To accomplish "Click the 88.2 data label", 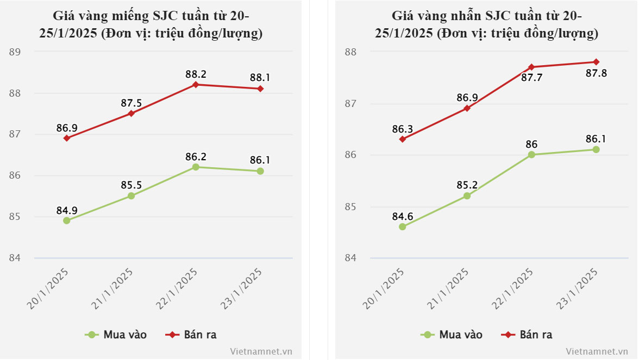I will coord(196,74).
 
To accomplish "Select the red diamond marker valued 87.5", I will coord(131,113).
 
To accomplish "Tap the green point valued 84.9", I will coord(67,220).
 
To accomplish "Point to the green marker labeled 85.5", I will coord(131,196).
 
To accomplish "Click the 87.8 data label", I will coord(596,73).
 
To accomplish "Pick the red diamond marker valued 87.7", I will coord(531,67).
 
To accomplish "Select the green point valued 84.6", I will coord(402,227).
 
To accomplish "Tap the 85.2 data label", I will coord(467,185).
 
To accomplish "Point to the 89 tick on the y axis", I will coord(15,52).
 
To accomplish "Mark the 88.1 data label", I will coord(260,78).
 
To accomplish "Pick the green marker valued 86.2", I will coord(196,167).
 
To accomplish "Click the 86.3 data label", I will coord(402,129).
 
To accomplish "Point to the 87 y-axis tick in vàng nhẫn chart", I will coord(350,104).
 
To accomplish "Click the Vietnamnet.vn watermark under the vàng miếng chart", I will coord(261,351).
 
